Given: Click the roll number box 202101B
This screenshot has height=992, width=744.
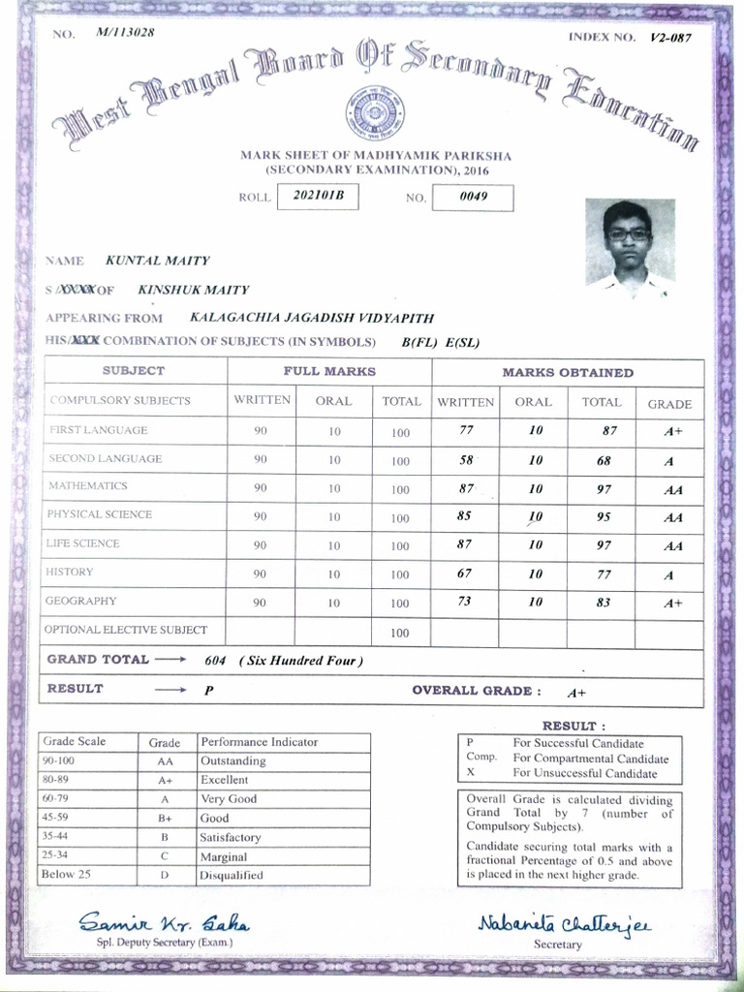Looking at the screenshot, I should (x=318, y=197).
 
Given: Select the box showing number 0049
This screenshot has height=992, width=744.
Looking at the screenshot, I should (x=472, y=197).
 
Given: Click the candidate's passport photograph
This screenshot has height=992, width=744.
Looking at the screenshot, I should (x=630, y=242).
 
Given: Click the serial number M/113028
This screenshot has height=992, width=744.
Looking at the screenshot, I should (x=125, y=32).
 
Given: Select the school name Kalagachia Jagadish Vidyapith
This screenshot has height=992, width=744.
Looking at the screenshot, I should (x=312, y=317).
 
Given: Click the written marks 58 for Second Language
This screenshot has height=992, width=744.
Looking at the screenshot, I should (x=466, y=460).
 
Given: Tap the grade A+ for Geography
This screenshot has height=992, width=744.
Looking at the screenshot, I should (x=673, y=603).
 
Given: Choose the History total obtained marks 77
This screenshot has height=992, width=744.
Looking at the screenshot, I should (x=604, y=574).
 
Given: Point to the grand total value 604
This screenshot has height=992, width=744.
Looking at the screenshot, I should (x=216, y=661).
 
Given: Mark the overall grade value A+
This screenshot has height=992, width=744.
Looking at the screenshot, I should (x=577, y=693).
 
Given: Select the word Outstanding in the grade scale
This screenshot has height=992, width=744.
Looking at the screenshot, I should (x=232, y=761).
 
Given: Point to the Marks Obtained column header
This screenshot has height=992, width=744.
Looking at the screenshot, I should (x=568, y=372).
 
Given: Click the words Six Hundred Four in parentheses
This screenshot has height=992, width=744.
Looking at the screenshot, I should (x=300, y=661).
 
